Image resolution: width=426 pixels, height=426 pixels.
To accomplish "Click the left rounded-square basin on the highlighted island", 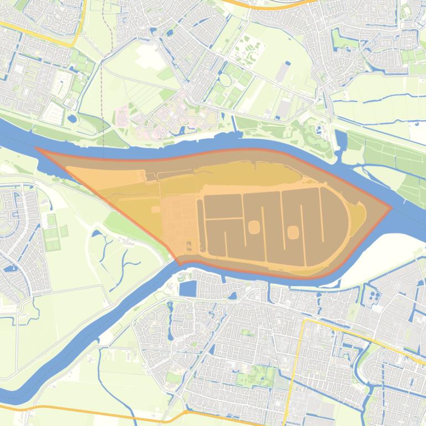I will (x=255, y=227).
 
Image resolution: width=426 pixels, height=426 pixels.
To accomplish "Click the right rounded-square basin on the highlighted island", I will (x=293, y=231).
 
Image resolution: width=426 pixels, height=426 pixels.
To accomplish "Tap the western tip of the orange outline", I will (x=37, y=148).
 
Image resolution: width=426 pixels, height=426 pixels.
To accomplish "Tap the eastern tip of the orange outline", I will (x=391, y=208).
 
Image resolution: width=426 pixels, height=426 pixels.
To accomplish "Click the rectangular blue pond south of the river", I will (x=188, y=289).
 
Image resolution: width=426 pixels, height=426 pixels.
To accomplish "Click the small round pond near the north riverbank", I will (x=73, y=118).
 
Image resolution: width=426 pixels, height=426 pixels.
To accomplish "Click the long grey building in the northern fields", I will (x=283, y=72).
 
